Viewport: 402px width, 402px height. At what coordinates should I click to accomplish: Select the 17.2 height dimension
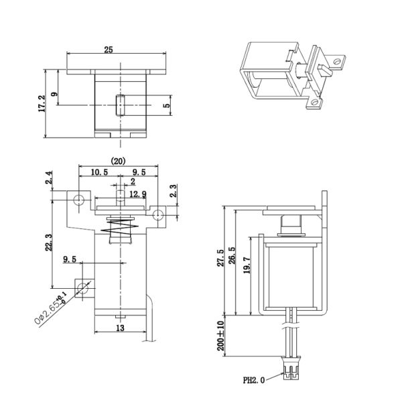42,104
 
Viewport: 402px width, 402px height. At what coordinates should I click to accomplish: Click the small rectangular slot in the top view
121,105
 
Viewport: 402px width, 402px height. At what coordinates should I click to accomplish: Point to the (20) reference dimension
119,161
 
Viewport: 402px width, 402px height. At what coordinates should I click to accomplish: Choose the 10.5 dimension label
98,173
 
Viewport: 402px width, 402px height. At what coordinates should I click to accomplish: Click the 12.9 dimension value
138,194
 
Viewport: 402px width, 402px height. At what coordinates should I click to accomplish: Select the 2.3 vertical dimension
174,191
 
